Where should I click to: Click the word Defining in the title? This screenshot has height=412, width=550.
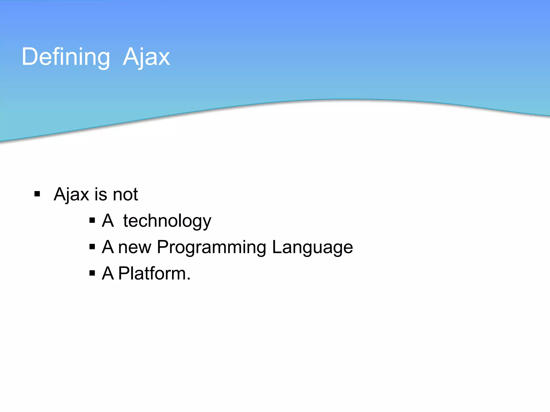pos(66,57)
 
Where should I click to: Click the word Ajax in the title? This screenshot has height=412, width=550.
pos(146,57)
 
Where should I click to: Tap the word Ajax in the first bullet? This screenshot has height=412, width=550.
pos(71,194)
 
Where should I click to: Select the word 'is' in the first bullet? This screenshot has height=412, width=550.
pos(101,194)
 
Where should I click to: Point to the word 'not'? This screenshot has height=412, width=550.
pos(125,195)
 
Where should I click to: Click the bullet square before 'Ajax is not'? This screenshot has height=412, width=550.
pos(37,194)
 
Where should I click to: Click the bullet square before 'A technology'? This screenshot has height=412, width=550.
pos(92,220)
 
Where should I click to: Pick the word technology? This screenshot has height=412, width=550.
pos(167,221)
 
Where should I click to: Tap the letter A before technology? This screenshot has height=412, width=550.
pos(108,220)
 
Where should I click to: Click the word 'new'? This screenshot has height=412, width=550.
pos(135,247)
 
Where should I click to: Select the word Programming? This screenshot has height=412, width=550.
pos(211,247)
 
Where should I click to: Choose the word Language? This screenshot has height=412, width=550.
pos(312,247)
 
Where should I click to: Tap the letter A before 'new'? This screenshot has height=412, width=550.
pos(108,247)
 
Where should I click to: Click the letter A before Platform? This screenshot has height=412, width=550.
pos(108,273)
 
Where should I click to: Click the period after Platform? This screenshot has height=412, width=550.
pos(189,279)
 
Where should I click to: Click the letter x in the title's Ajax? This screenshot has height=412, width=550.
pos(164,59)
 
